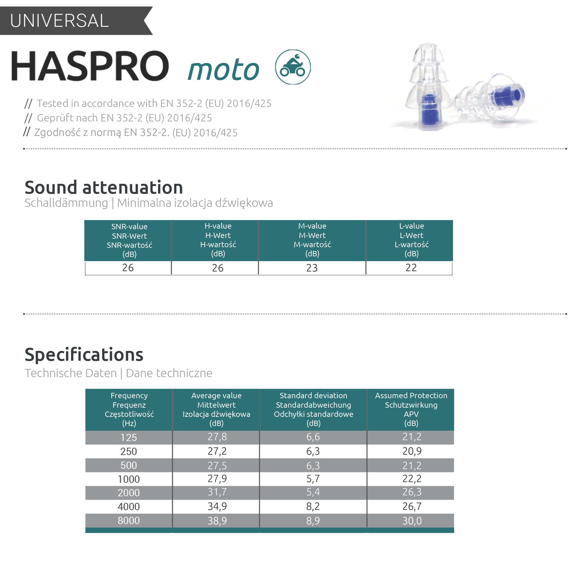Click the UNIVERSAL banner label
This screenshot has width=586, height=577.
(x=59, y=21)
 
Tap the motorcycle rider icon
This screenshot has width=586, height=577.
(x=293, y=67)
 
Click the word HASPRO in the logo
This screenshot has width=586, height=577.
(x=90, y=66)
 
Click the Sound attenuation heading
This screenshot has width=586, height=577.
(x=104, y=187)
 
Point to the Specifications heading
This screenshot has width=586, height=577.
(x=84, y=355)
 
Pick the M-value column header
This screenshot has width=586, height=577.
(x=312, y=240)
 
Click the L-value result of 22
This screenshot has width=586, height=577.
(x=411, y=268)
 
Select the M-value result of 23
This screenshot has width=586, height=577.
(x=312, y=268)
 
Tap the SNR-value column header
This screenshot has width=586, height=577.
(x=129, y=240)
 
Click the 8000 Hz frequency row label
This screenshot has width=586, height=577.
(x=129, y=521)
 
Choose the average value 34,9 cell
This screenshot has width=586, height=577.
(x=217, y=507)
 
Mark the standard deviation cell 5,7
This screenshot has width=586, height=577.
(x=313, y=479)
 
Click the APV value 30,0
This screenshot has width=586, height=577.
(x=412, y=521)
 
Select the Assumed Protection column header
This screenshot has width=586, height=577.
(x=411, y=409)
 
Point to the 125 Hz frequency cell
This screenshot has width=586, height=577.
(x=129, y=437)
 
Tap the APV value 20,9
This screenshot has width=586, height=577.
(x=412, y=451)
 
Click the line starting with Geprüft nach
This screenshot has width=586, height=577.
(x=118, y=118)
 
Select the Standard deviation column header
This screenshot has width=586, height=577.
(x=314, y=409)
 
